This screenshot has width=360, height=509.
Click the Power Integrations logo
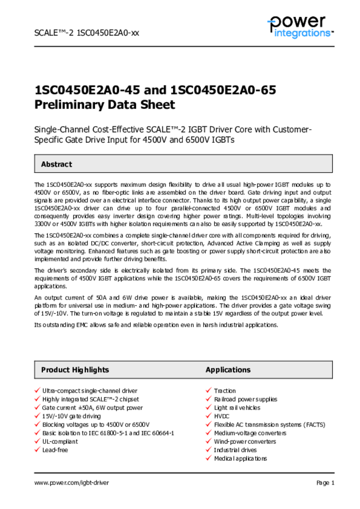click(300, 26)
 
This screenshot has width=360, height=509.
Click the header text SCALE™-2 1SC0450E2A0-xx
click(86, 33)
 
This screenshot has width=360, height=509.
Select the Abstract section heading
click(56, 164)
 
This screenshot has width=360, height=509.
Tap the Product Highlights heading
click(75, 370)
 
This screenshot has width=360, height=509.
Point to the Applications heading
click(228, 370)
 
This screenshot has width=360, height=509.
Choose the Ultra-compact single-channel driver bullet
click(90, 391)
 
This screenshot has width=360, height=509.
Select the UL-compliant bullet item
click(60, 441)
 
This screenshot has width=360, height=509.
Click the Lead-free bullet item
click(55, 450)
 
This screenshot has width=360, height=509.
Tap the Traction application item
click(225, 391)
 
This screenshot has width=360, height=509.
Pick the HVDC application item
click(222, 416)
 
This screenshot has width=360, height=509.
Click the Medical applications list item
click(240, 458)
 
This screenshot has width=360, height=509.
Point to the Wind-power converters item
click(245, 441)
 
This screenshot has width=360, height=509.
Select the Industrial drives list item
click(236, 450)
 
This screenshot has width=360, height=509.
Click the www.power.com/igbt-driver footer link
click(71, 483)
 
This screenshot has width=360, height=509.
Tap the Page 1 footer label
click(325, 483)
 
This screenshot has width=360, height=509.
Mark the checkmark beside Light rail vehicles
click(208, 408)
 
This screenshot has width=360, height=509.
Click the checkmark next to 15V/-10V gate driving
click(37, 416)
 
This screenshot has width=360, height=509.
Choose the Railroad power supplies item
click(245, 399)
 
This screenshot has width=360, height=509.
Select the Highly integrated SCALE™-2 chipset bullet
click(90, 399)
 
